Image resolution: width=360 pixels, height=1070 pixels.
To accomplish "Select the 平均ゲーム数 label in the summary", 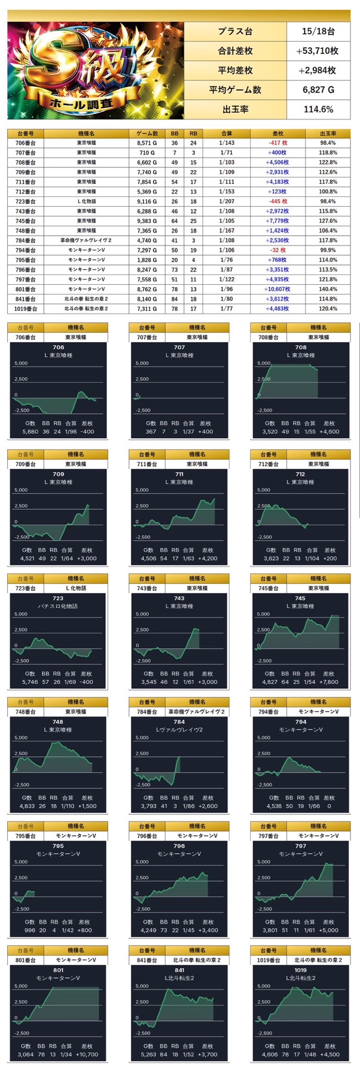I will click(235, 90).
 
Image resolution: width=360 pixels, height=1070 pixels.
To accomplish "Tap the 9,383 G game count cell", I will click(147, 220).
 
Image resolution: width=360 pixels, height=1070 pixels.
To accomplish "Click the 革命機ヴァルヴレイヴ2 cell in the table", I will click(86, 240).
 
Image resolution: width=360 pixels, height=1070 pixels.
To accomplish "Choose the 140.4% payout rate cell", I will click(328, 289).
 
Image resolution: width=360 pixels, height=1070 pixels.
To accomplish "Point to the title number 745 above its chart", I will click(300, 598).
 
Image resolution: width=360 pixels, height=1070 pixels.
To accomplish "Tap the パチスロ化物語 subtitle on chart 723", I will click(58, 606).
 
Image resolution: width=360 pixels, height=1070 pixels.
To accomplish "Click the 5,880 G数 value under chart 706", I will click(30, 432).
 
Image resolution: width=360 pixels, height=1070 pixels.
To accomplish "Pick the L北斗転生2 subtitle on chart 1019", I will click(300, 978).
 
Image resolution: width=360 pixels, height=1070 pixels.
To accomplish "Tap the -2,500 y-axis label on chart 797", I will click(264, 909).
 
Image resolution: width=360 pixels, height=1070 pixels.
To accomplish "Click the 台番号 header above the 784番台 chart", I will click(147, 702).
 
